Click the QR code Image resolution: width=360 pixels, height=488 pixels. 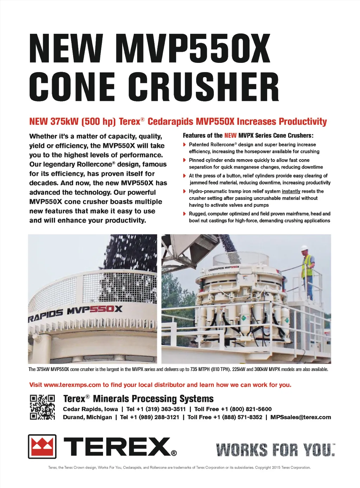(42, 407)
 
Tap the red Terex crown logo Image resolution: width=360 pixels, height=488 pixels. (42, 446)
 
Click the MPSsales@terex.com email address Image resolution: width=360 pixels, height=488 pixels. (301, 417)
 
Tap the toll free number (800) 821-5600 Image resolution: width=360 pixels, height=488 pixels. (251, 409)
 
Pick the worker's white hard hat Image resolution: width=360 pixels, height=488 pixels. (304, 248)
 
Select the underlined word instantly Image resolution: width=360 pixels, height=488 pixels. (291, 191)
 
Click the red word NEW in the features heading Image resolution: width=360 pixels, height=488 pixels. (230, 136)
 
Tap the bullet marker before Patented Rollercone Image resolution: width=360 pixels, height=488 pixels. (185, 145)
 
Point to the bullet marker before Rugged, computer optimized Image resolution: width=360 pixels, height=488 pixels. (185, 214)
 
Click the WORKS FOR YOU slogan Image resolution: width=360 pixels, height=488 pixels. (275, 450)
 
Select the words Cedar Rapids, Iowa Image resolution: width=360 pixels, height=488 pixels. (90, 409)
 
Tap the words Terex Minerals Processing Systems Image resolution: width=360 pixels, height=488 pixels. (139, 399)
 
